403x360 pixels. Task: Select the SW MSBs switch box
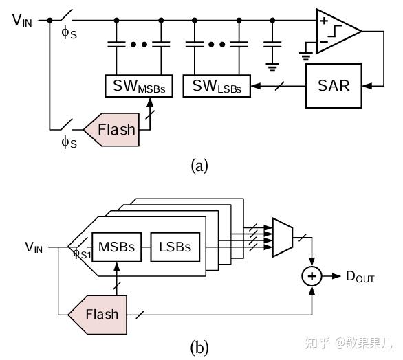(139, 87)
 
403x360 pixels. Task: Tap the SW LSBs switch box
(217, 87)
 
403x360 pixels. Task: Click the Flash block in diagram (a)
(114, 130)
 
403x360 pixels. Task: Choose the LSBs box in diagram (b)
(175, 247)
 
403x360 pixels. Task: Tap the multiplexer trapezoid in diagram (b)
(282, 238)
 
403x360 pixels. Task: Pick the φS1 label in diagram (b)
(82, 254)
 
